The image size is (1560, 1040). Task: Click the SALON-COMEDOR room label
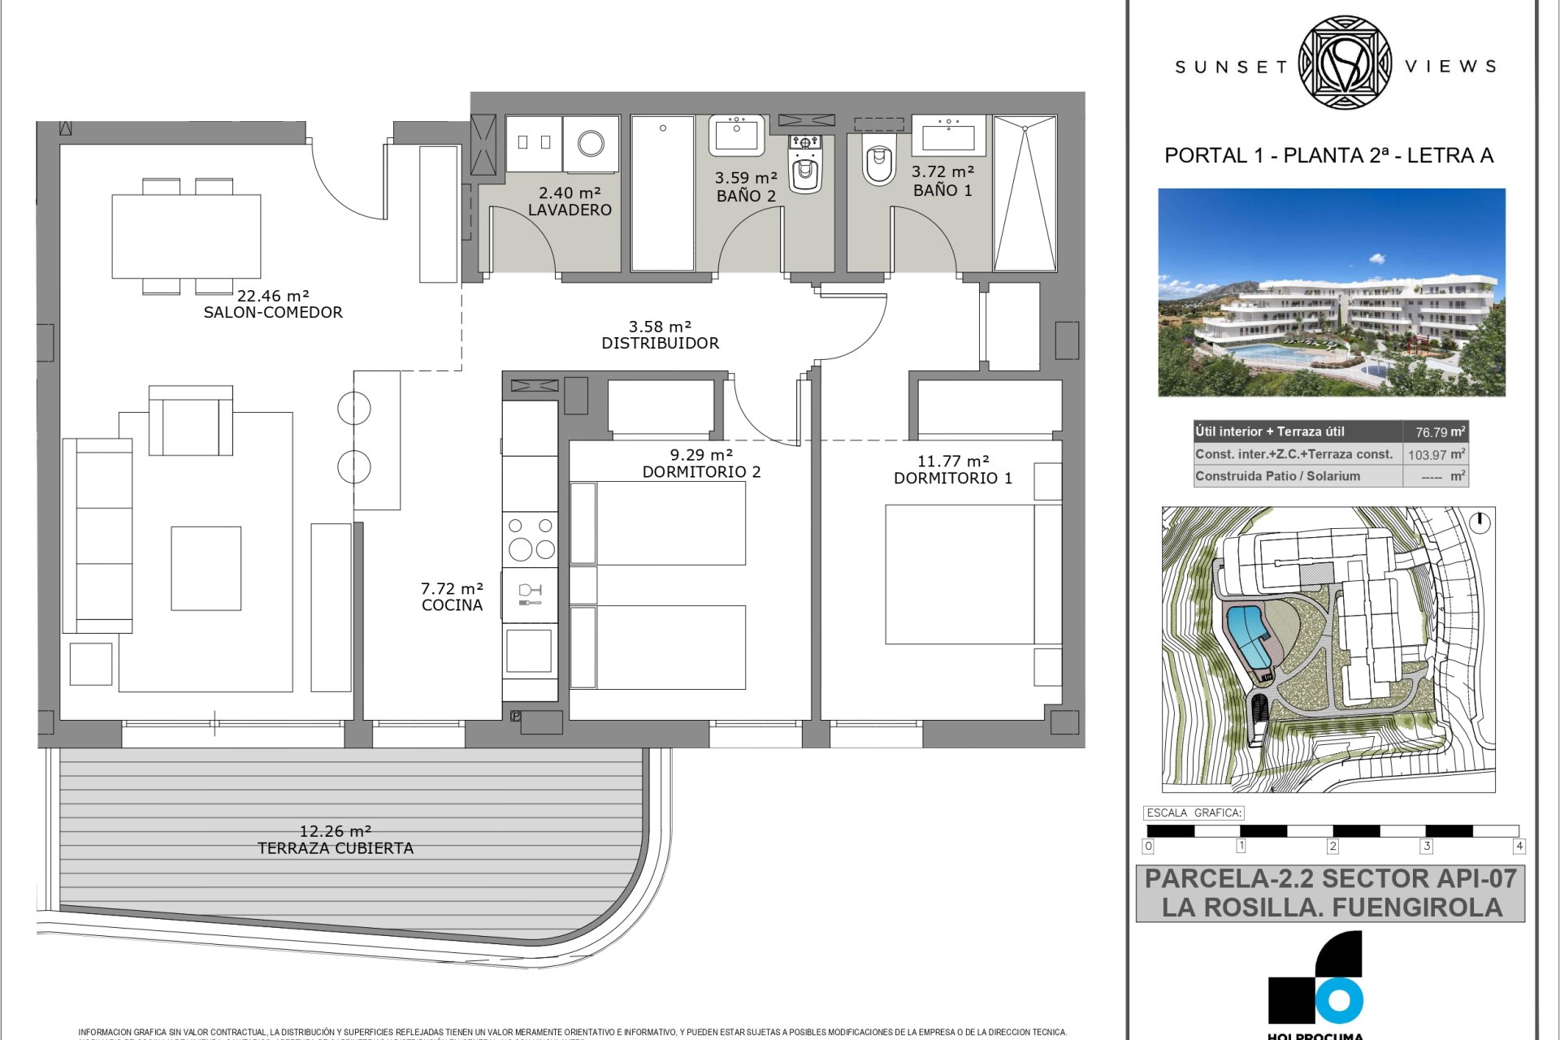pos(273,312)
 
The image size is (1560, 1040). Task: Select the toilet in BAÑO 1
pos(878,165)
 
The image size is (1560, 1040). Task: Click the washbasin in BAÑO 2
pos(736,135)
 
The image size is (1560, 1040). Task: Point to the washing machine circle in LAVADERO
pos(591,144)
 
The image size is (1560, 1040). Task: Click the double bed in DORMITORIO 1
pos(959,574)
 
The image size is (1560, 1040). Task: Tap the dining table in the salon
pos(186,236)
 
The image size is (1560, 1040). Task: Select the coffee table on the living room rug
pos(206,568)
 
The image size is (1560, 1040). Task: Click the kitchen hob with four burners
pos(530,539)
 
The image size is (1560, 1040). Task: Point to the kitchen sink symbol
pos(530,595)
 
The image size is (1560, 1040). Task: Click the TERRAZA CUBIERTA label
pos(336,847)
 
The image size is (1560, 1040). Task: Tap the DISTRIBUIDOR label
pos(660,343)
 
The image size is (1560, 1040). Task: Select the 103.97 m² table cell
pos(1436,454)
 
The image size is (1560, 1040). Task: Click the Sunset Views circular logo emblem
pos(1345,63)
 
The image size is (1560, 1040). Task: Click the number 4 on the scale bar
pos(1519,846)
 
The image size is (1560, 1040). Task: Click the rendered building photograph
pos(1331,292)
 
